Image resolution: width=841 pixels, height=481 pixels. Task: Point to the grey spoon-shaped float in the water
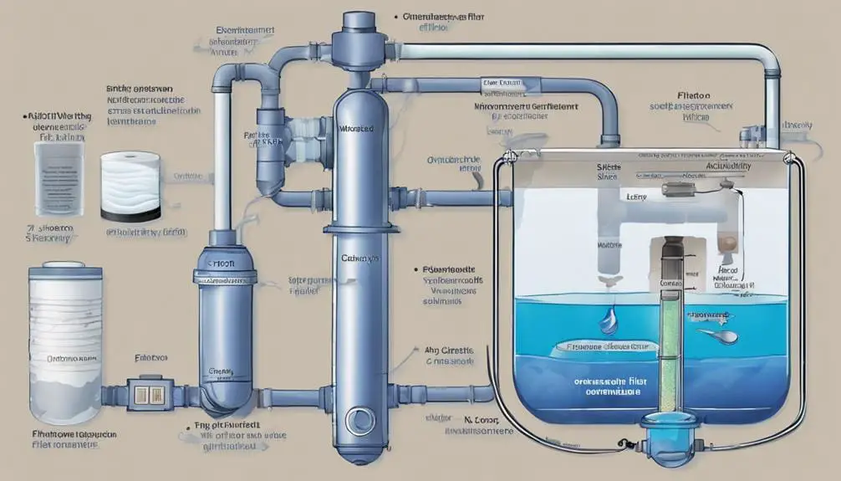click(721, 335)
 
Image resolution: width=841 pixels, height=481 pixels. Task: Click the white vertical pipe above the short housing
click(222, 159)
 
